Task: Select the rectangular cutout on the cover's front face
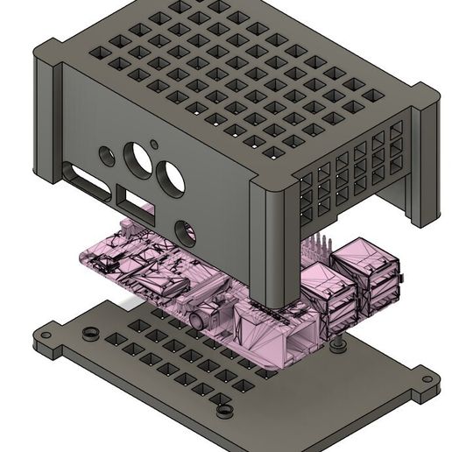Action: pyautogui.click(x=138, y=205)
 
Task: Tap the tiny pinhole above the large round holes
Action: pyautogui.click(x=155, y=143)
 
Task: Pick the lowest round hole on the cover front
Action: pyautogui.click(x=187, y=233)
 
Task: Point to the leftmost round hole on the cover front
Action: pyautogui.click(x=106, y=157)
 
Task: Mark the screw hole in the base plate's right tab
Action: pyautogui.click(x=427, y=381)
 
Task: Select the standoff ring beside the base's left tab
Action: pyautogui.click(x=90, y=333)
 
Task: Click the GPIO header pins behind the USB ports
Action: pyautogui.click(x=321, y=244)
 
